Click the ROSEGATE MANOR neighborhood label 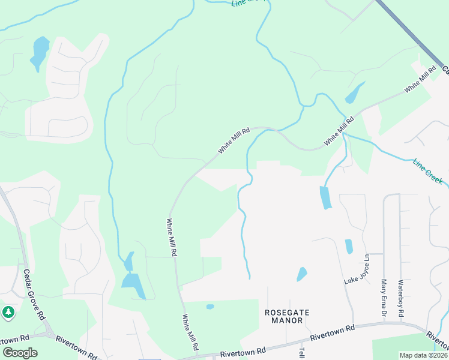287,316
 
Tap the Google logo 20,352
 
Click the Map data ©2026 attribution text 423,355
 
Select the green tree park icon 8,312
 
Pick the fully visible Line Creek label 428,172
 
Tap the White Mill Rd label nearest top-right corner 420,80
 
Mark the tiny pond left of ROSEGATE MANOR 210,307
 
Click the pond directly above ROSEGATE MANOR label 301,274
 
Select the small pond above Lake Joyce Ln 349,246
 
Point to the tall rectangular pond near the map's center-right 325,197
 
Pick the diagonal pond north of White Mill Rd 354,93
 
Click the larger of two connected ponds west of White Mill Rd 134,284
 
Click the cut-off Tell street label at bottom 302,353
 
